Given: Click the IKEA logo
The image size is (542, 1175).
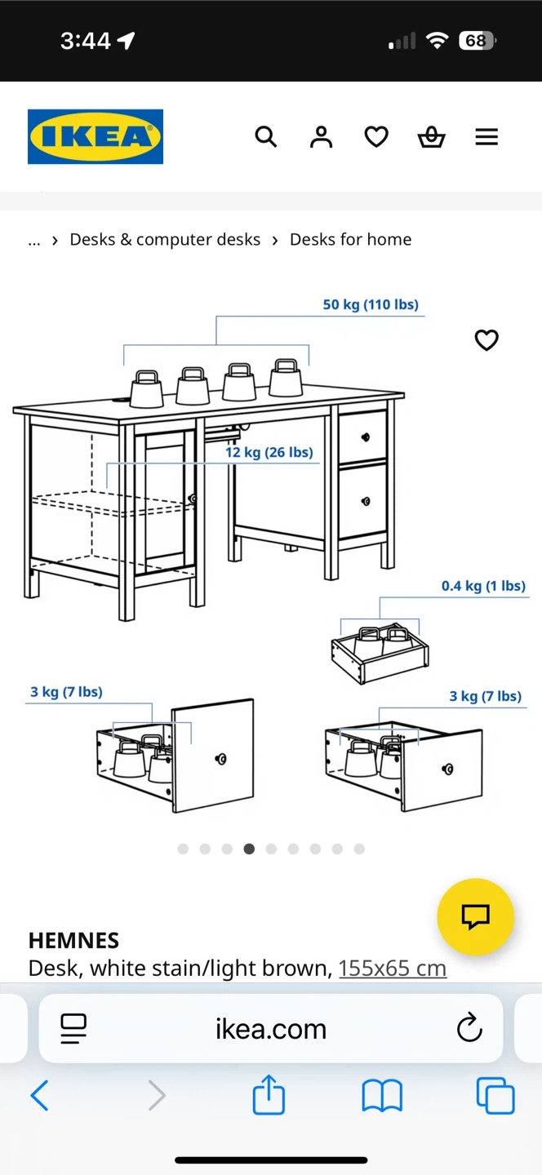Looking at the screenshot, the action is pyautogui.click(x=96, y=136).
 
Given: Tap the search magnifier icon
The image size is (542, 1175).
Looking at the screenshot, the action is pyautogui.click(x=266, y=137).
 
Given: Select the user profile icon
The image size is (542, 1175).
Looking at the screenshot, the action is pyautogui.click(x=321, y=137).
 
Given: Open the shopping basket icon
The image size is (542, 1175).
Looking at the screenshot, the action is pyautogui.click(x=431, y=137).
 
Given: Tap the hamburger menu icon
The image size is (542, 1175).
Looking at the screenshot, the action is pyautogui.click(x=486, y=137).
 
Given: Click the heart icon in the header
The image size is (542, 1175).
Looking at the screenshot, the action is pyautogui.click(x=376, y=137).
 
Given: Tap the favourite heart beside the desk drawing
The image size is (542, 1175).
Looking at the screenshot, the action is pyautogui.click(x=486, y=340).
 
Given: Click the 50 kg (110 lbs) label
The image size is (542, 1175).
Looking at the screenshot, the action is pyautogui.click(x=371, y=305).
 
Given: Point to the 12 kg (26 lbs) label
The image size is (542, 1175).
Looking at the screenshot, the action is pyautogui.click(x=269, y=452).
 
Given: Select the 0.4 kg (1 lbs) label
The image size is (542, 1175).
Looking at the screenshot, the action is pyautogui.click(x=483, y=586).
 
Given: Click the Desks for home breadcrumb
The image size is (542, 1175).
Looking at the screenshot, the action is pyautogui.click(x=350, y=240).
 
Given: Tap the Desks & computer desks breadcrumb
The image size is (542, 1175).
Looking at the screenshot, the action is pyautogui.click(x=165, y=240).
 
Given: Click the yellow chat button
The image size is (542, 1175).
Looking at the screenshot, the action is pyautogui.click(x=475, y=916).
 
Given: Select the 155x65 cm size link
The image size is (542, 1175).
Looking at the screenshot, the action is pyautogui.click(x=393, y=969).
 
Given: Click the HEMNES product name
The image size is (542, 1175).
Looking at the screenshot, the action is pyautogui.click(x=73, y=941).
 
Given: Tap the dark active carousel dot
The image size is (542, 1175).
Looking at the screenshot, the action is pyautogui.click(x=249, y=849).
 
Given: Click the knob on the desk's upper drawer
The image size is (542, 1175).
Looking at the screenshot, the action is pyautogui.click(x=365, y=437).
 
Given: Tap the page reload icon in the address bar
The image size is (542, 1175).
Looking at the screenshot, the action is pyautogui.click(x=469, y=1027).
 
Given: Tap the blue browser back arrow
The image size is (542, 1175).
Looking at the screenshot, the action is pyautogui.click(x=39, y=1095).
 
